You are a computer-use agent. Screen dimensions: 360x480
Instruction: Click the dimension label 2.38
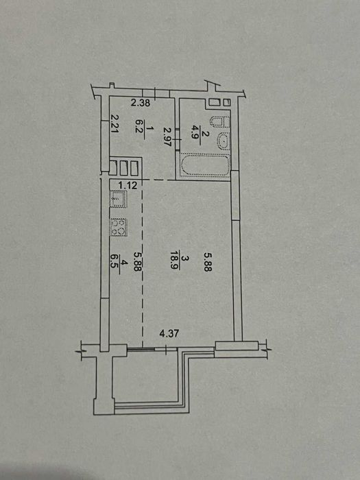[x=141, y=103]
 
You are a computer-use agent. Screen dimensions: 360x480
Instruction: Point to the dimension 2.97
[x=167, y=136]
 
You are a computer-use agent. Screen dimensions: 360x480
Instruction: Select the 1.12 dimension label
[x=128, y=185]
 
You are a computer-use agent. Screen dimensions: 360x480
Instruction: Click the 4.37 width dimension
[x=169, y=334]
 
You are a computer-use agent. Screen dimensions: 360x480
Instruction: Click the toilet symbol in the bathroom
[x=220, y=122]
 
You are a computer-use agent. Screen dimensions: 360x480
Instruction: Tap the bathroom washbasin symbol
[x=223, y=141]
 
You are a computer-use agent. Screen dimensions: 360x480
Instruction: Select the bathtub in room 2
[x=205, y=165]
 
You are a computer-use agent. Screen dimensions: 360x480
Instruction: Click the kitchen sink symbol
[x=118, y=199]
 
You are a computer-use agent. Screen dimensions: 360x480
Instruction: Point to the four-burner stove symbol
[x=119, y=228]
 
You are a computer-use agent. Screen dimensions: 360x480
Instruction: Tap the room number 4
[x=123, y=264]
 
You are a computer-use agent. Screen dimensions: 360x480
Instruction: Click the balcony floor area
[x=146, y=376]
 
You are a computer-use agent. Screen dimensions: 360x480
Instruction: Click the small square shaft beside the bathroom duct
[x=227, y=103]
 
